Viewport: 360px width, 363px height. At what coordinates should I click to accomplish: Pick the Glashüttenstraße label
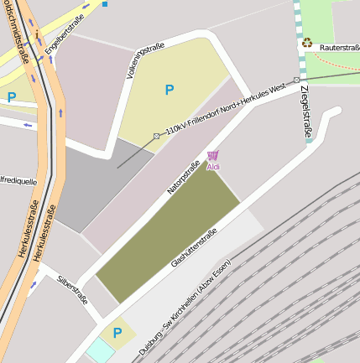pos(194,247)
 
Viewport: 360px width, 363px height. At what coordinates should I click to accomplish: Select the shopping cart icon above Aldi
pos(213,156)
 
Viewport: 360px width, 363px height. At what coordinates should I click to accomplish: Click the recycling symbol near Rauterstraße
pos(307,42)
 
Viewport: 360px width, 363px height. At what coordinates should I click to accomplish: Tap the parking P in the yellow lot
pos(170,89)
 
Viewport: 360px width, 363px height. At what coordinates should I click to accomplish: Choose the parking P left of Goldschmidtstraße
pos(11,96)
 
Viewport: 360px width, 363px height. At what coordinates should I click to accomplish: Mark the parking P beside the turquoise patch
pos(117,333)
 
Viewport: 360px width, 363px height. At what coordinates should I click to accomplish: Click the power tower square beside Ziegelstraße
pos(296,80)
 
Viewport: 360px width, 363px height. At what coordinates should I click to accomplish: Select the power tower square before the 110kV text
pos(156,136)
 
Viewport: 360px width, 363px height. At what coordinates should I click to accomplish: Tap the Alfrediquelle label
pos(18,180)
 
